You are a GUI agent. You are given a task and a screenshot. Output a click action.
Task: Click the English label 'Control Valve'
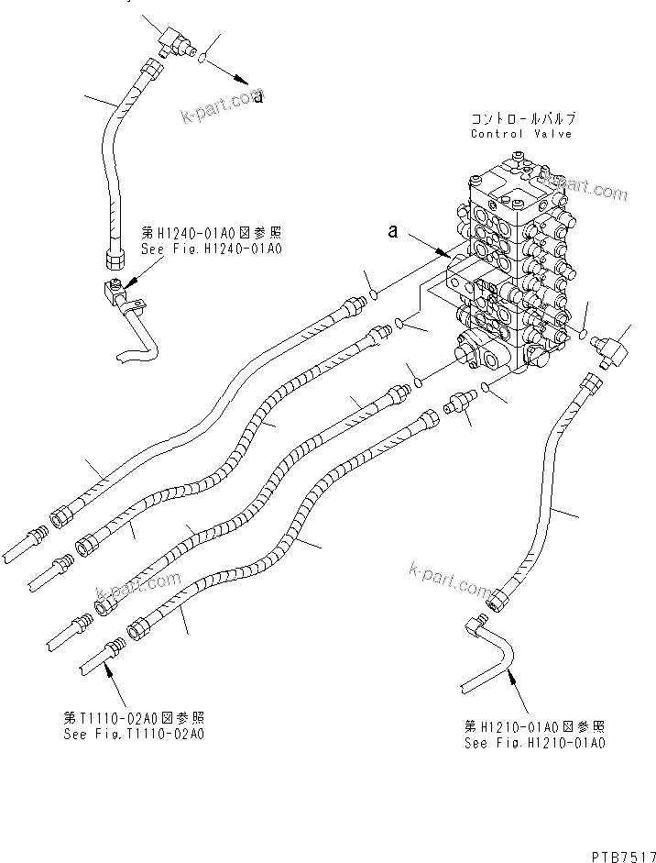tap(520, 134)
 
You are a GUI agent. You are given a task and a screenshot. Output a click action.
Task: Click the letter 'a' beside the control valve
tap(392, 233)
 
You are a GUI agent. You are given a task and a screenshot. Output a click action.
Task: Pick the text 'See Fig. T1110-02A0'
tap(134, 734)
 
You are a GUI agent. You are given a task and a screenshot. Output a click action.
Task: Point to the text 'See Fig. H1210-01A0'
tap(534, 743)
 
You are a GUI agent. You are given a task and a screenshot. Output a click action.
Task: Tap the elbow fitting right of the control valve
tap(608, 348)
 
